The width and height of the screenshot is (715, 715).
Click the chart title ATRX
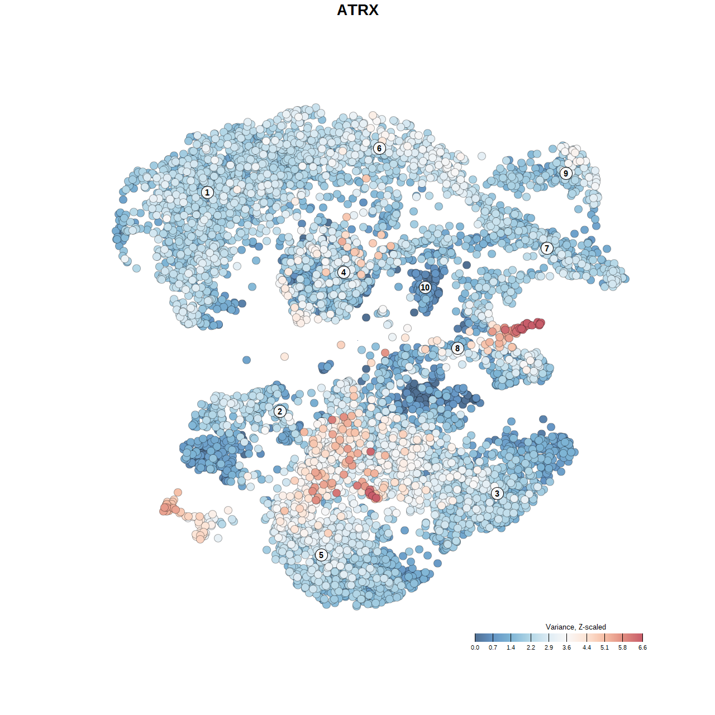(x=357, y=10)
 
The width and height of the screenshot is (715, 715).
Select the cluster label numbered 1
(x=207, y=192)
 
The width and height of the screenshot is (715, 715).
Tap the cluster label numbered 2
(x=280, y=412)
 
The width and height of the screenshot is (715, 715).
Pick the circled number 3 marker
(x=497, y=493)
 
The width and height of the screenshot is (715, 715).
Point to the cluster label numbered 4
(x=344, y=272)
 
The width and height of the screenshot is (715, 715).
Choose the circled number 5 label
(x=321, y=555)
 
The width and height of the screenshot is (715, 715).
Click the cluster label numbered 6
(x=379, y=148)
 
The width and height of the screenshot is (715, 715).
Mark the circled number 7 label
(x=547, y=248)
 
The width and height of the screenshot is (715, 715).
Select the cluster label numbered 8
(x=457, y=348)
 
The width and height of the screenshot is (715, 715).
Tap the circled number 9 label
(x=566, y=173)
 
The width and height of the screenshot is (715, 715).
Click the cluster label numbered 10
(x=425, y=287)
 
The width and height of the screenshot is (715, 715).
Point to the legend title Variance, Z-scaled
(x=575, y=627)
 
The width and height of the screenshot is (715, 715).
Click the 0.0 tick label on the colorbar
(x=475, y=647)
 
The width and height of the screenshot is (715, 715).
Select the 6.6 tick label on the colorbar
(x=642, y=647)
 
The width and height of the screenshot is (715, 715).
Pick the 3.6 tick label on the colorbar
(x=566, y=647)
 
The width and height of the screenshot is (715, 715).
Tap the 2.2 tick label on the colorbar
(x=531, y=647)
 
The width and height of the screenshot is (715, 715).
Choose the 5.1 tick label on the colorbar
(x=604, y=647)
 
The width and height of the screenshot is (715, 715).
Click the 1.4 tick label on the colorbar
(x=511, y=647)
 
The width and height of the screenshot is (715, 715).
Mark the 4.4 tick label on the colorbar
(x=587, y=647)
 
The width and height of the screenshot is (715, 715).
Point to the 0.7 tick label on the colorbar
(x=493, y=647)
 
